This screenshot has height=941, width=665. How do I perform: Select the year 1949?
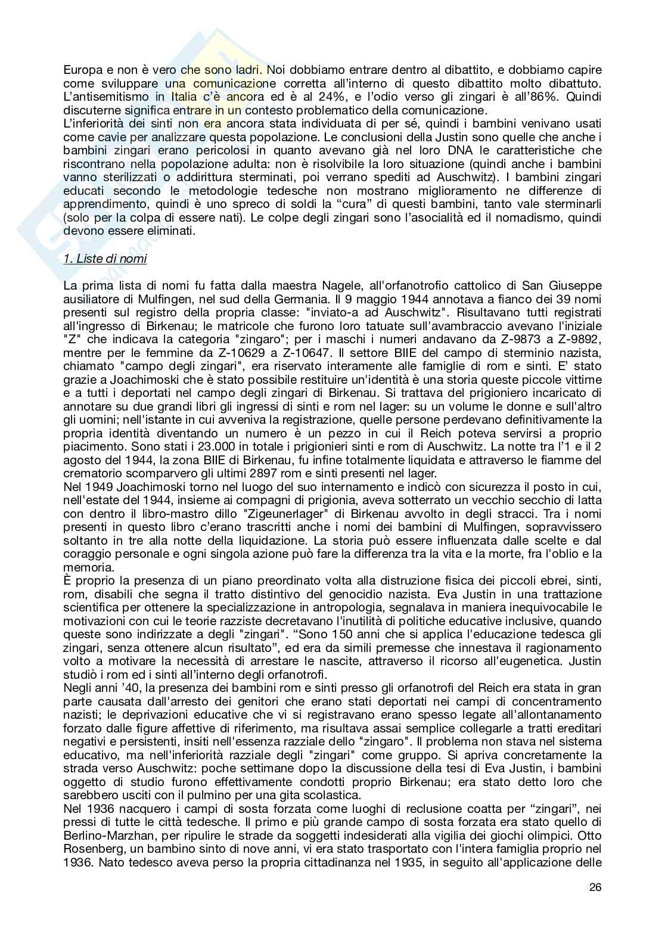click(98, 487)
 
